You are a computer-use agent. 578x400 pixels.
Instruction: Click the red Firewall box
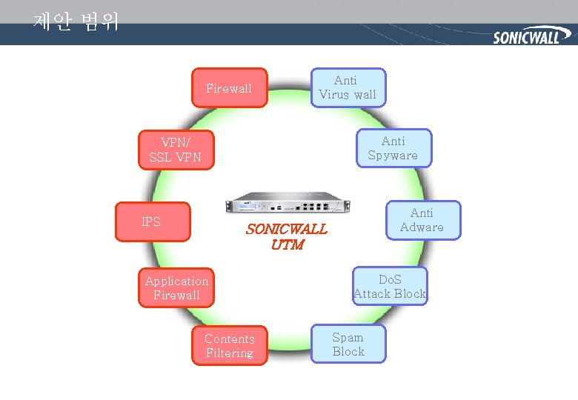pos(229,88)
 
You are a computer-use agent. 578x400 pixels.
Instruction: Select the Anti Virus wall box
pos(348,87)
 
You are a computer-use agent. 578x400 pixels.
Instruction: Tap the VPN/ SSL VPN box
pos(176,150)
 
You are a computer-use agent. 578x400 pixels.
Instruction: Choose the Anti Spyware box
pos(393,148)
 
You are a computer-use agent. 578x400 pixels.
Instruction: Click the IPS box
pos(152,221)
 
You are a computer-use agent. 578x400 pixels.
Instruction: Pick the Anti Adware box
pos(422,220)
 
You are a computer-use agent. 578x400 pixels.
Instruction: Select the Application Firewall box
pos(176,287)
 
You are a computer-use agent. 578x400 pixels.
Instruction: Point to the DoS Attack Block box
pos(390,287)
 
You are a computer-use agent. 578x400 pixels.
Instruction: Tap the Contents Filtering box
pos(230,346)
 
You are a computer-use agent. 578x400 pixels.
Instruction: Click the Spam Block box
pos(348,344)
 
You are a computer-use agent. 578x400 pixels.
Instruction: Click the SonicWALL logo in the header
pos(526,36)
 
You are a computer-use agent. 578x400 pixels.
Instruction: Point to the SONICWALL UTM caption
pos(286,236)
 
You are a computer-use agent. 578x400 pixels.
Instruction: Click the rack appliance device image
pos(287,202)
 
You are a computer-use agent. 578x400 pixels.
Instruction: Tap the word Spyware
pos(393,156)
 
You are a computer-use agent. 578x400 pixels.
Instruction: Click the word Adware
pos(422,227)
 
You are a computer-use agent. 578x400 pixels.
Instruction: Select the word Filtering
pos(230,353)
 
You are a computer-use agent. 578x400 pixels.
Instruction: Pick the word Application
pos(176,281)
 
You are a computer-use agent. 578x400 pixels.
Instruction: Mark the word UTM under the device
pos(287,244)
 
